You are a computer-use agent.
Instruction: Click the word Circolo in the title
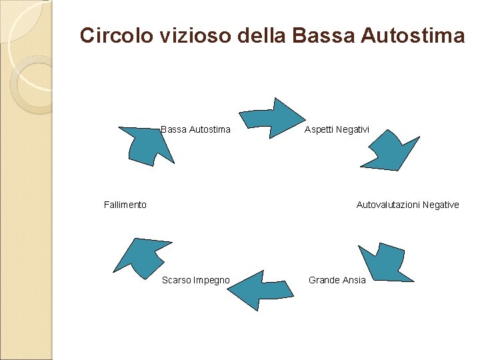point(116,35)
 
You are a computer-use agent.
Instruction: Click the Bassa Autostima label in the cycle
point(196,129)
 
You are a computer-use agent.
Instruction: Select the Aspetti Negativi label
point(337,129)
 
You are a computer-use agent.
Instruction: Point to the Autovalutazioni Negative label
point(407,205)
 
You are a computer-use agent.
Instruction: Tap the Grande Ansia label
point(337,280)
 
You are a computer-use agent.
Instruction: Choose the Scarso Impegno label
point(196,280)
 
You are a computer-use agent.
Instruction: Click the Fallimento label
point(125,205)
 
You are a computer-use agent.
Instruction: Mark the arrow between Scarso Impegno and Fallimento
point(141,256)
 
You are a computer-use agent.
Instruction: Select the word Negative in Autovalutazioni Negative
point(439,205)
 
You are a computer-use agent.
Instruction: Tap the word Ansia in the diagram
point(354,280)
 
